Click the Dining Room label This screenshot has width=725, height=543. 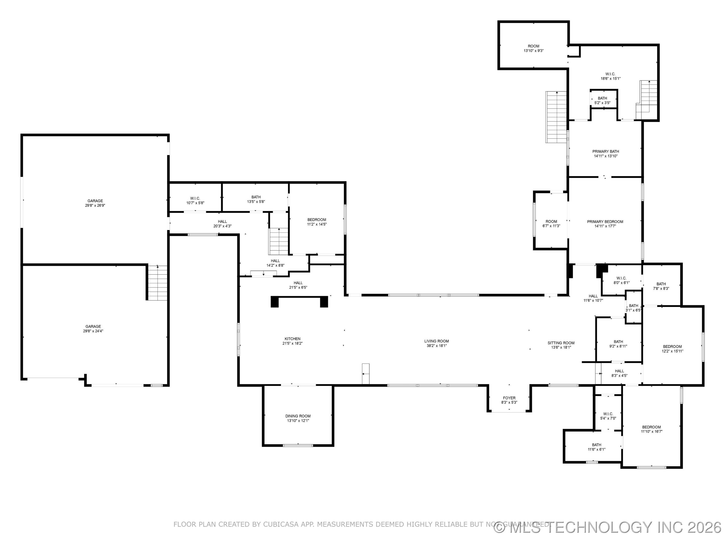tap(298, 416)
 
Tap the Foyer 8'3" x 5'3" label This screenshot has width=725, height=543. tap(509, 400)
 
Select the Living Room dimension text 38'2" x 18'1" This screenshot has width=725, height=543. tap(436, 346)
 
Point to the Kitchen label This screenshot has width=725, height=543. tap(292, 339)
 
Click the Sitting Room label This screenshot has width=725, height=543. tap(561, 343)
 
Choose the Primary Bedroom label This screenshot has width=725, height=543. tap(605, 221)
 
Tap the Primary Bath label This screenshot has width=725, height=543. tap(605, 152)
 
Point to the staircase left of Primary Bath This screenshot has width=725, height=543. tap(556, 117)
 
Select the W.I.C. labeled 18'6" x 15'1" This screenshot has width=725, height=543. tap(610, 76)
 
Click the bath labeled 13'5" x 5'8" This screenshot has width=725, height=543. tap(256, 199)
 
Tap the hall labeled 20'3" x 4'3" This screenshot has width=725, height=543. tap(222, 223)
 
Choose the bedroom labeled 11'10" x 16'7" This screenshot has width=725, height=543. tap(651, 429)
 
